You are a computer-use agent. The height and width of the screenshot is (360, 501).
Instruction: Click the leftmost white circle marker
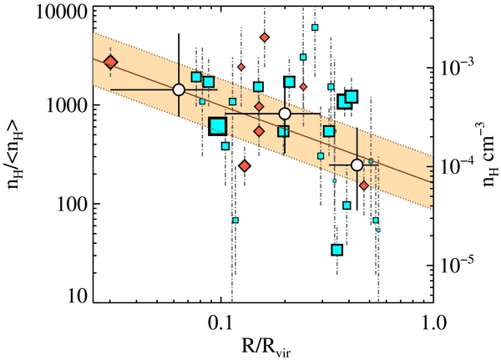[x=178, y=89]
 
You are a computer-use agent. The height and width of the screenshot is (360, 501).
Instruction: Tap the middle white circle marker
[x=285, y=114]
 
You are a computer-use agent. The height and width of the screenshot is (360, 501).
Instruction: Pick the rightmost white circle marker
[x=357, y=165]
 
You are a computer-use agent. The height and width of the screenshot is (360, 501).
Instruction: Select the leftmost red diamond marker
[x=110, y=62]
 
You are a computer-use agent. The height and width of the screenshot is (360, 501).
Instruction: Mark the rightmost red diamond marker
[x=364, y=185]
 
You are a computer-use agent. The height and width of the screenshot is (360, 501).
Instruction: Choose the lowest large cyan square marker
[x=337, y=250]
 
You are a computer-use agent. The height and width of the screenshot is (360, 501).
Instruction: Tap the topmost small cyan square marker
[x=315, y=28]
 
